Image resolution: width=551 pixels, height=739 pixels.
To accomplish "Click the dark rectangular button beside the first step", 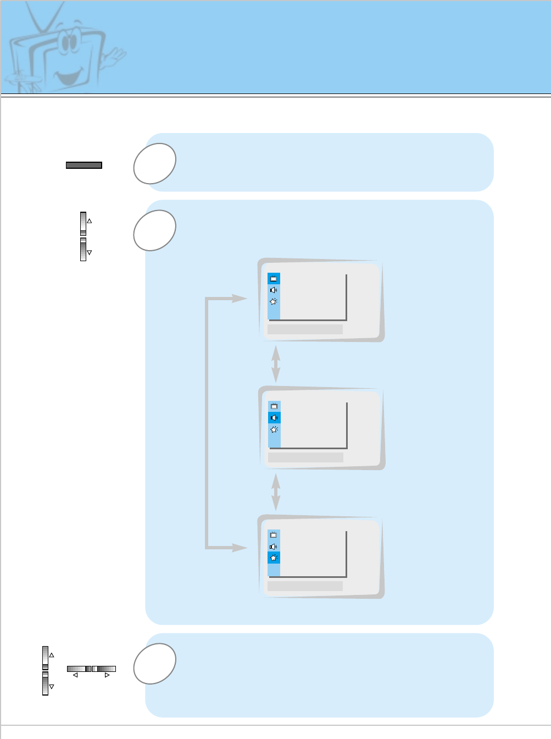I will coord(84,165).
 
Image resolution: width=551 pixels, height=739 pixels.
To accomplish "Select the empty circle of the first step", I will coord(154,163).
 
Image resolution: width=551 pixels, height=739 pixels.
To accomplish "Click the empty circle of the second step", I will coord(154,230).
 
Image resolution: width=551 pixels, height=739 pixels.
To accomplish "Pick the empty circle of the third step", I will coord(154,663).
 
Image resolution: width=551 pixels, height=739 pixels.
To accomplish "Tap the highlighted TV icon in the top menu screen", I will coord(274,279).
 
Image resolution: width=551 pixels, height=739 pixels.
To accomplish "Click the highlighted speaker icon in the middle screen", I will coord(274,418).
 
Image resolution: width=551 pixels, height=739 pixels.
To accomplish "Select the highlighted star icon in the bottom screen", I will coord(274,558).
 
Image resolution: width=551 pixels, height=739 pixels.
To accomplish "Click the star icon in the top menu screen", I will coord(274,301).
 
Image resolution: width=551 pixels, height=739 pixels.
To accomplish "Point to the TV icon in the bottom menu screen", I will coord(274,535).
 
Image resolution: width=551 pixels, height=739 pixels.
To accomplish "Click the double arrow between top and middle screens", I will coord(276,363).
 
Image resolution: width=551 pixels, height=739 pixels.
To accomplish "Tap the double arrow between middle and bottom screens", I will coord(276,492).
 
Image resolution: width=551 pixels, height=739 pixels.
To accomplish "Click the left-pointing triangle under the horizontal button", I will coord(75,675).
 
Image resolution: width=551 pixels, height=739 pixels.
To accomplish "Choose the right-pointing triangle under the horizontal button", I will coord(107,675).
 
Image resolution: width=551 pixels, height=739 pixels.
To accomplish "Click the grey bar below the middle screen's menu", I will coord(305,457).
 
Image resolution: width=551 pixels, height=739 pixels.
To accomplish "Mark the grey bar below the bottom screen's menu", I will coord(305,586).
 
